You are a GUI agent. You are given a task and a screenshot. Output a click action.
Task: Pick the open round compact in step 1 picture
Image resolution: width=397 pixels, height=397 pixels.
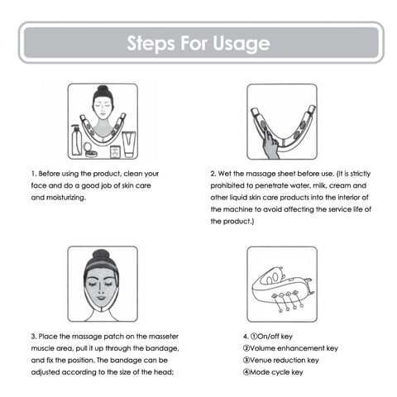click(x=92, y=150)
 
